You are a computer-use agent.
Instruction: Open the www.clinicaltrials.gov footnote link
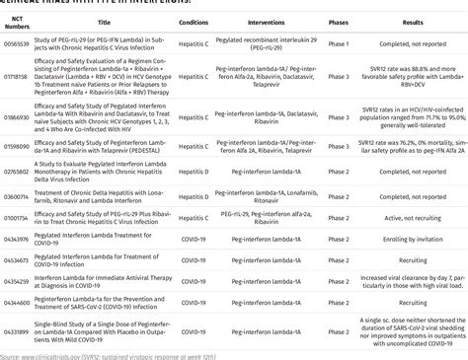point(39,354)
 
